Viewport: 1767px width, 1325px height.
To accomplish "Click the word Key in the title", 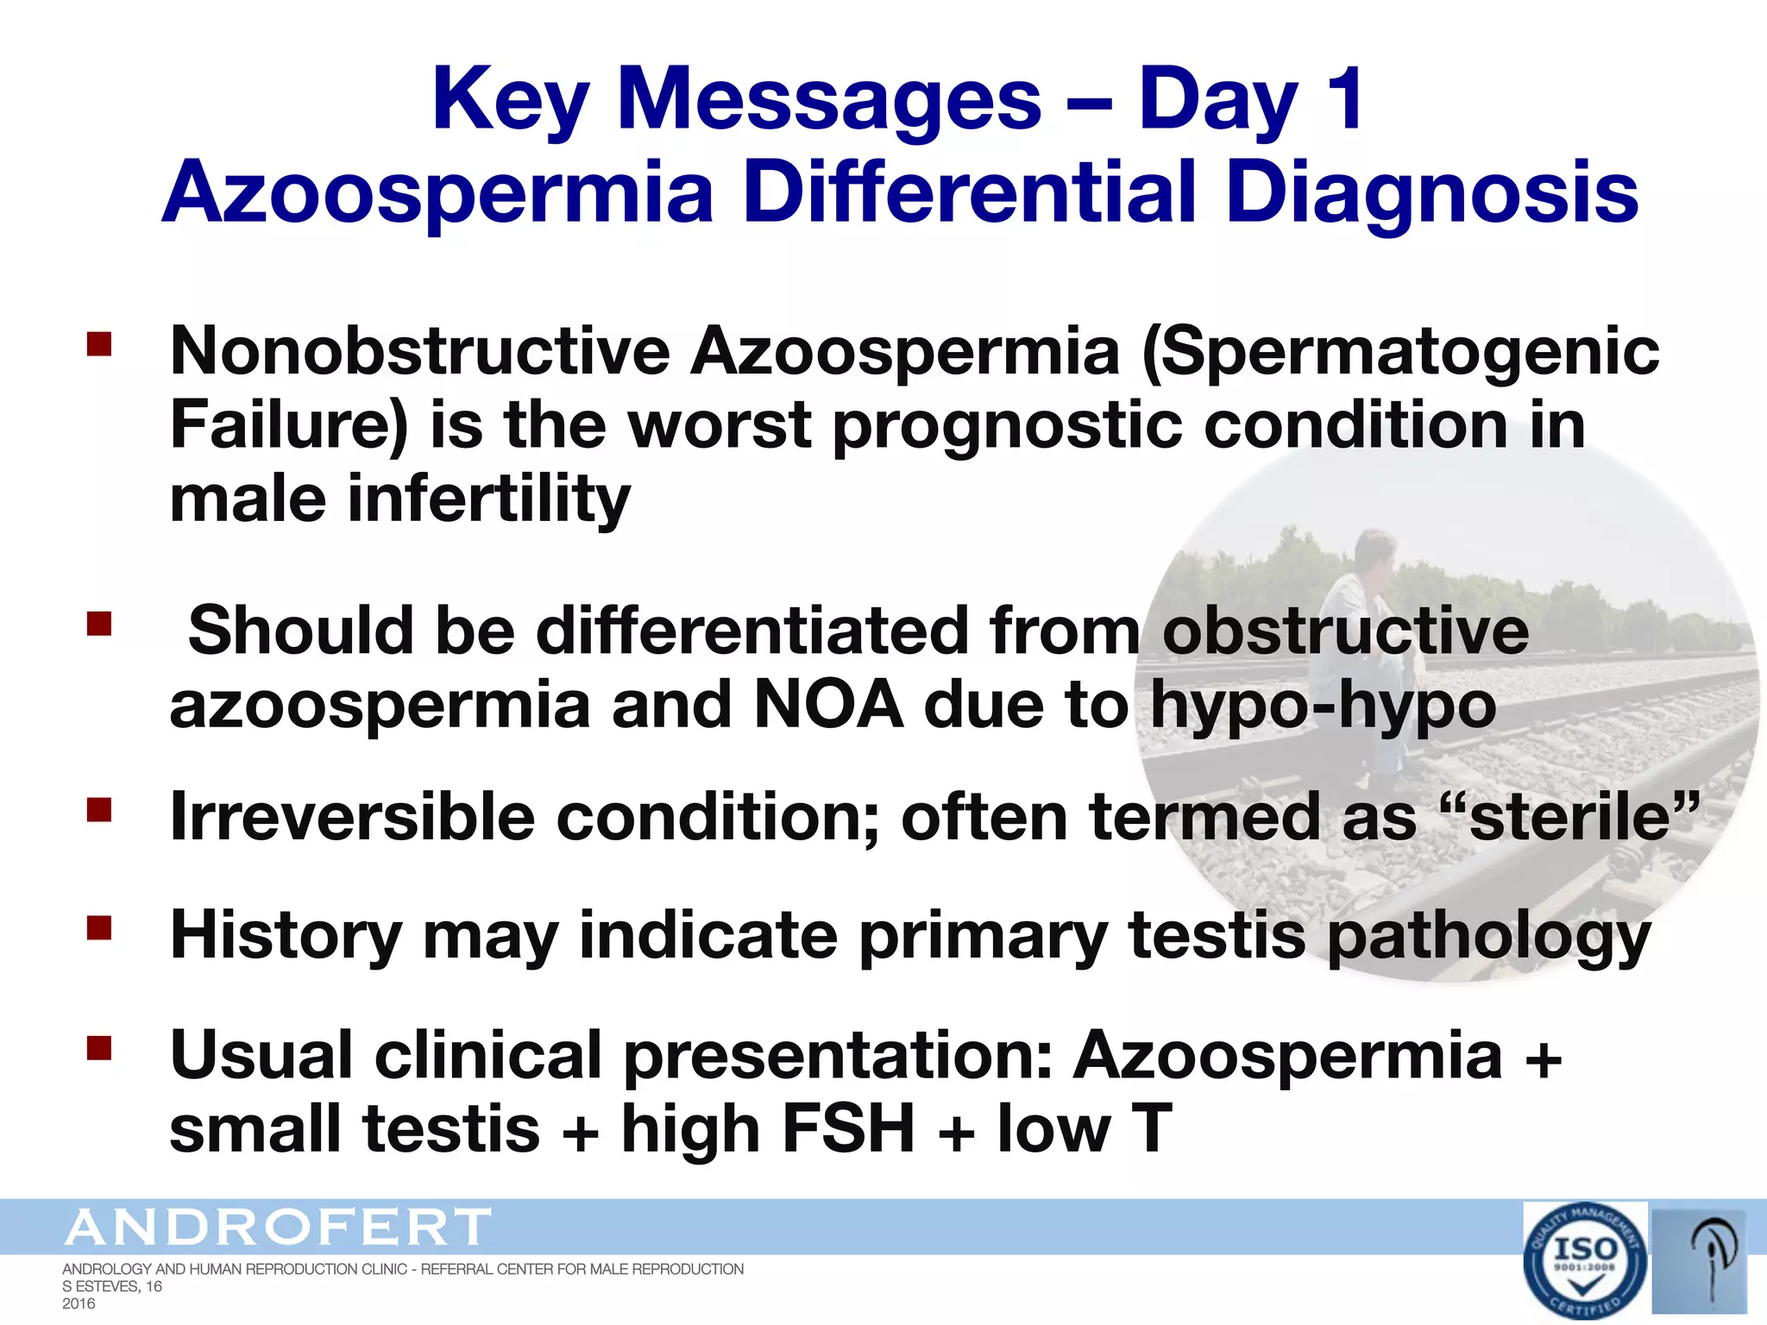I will click(x=510, y=102).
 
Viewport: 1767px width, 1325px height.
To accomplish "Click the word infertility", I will click(x=488, y=499).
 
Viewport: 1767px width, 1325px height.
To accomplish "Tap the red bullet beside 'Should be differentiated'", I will click(x=100, y=623).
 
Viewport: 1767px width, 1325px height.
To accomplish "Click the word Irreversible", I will click(x=352, y=816).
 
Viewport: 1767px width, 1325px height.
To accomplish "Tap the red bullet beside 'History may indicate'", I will click(x=100, y=927).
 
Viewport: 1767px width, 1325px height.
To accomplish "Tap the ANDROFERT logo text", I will click(x=278, y=1227).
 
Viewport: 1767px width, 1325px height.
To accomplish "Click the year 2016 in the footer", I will click(x=79, y=1303).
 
